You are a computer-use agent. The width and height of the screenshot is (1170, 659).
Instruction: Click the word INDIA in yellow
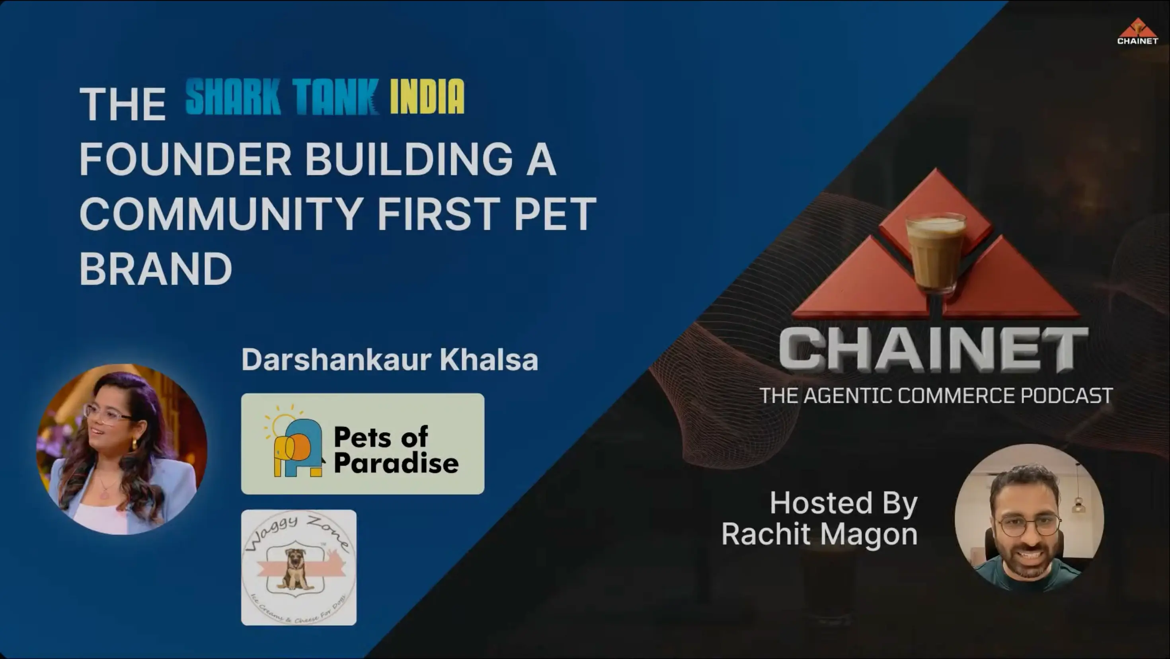[427, 96]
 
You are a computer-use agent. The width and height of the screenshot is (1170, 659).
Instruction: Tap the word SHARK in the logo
[233, 96]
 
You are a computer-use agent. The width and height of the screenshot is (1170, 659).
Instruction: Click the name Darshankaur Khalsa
[389, 360]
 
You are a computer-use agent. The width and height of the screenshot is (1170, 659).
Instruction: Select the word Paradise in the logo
[396, 464]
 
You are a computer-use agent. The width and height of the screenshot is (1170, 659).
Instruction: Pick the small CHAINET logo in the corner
[1137, 32]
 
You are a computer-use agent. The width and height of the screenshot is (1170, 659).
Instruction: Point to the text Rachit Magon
[819, 534]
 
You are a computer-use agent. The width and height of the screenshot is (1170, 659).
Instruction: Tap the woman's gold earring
[135, 443]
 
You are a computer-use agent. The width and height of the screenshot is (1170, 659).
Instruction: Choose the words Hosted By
[843, 503]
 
